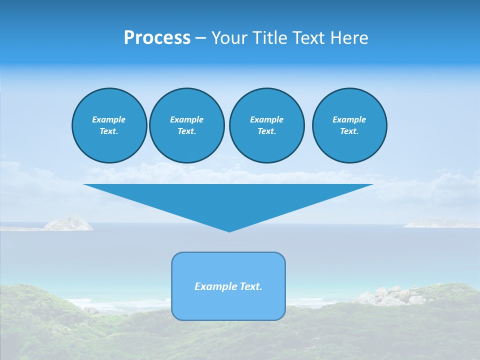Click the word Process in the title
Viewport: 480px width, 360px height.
coord(157,38)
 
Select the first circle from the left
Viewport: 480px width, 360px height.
coord(109,125)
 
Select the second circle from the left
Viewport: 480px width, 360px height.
coord(186,125)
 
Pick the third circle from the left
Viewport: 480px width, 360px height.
coord(266,125)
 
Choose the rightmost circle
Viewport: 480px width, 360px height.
coord(349,125)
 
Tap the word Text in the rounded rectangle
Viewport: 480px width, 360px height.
coord(251,286)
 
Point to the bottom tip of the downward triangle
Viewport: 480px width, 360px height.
coord(229,230)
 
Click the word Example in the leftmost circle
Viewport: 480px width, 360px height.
coord(109,119)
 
